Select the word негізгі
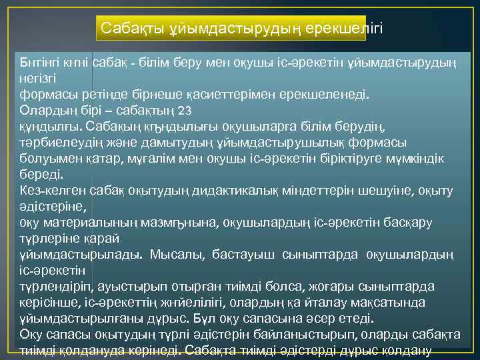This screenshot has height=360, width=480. pos(39,78)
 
